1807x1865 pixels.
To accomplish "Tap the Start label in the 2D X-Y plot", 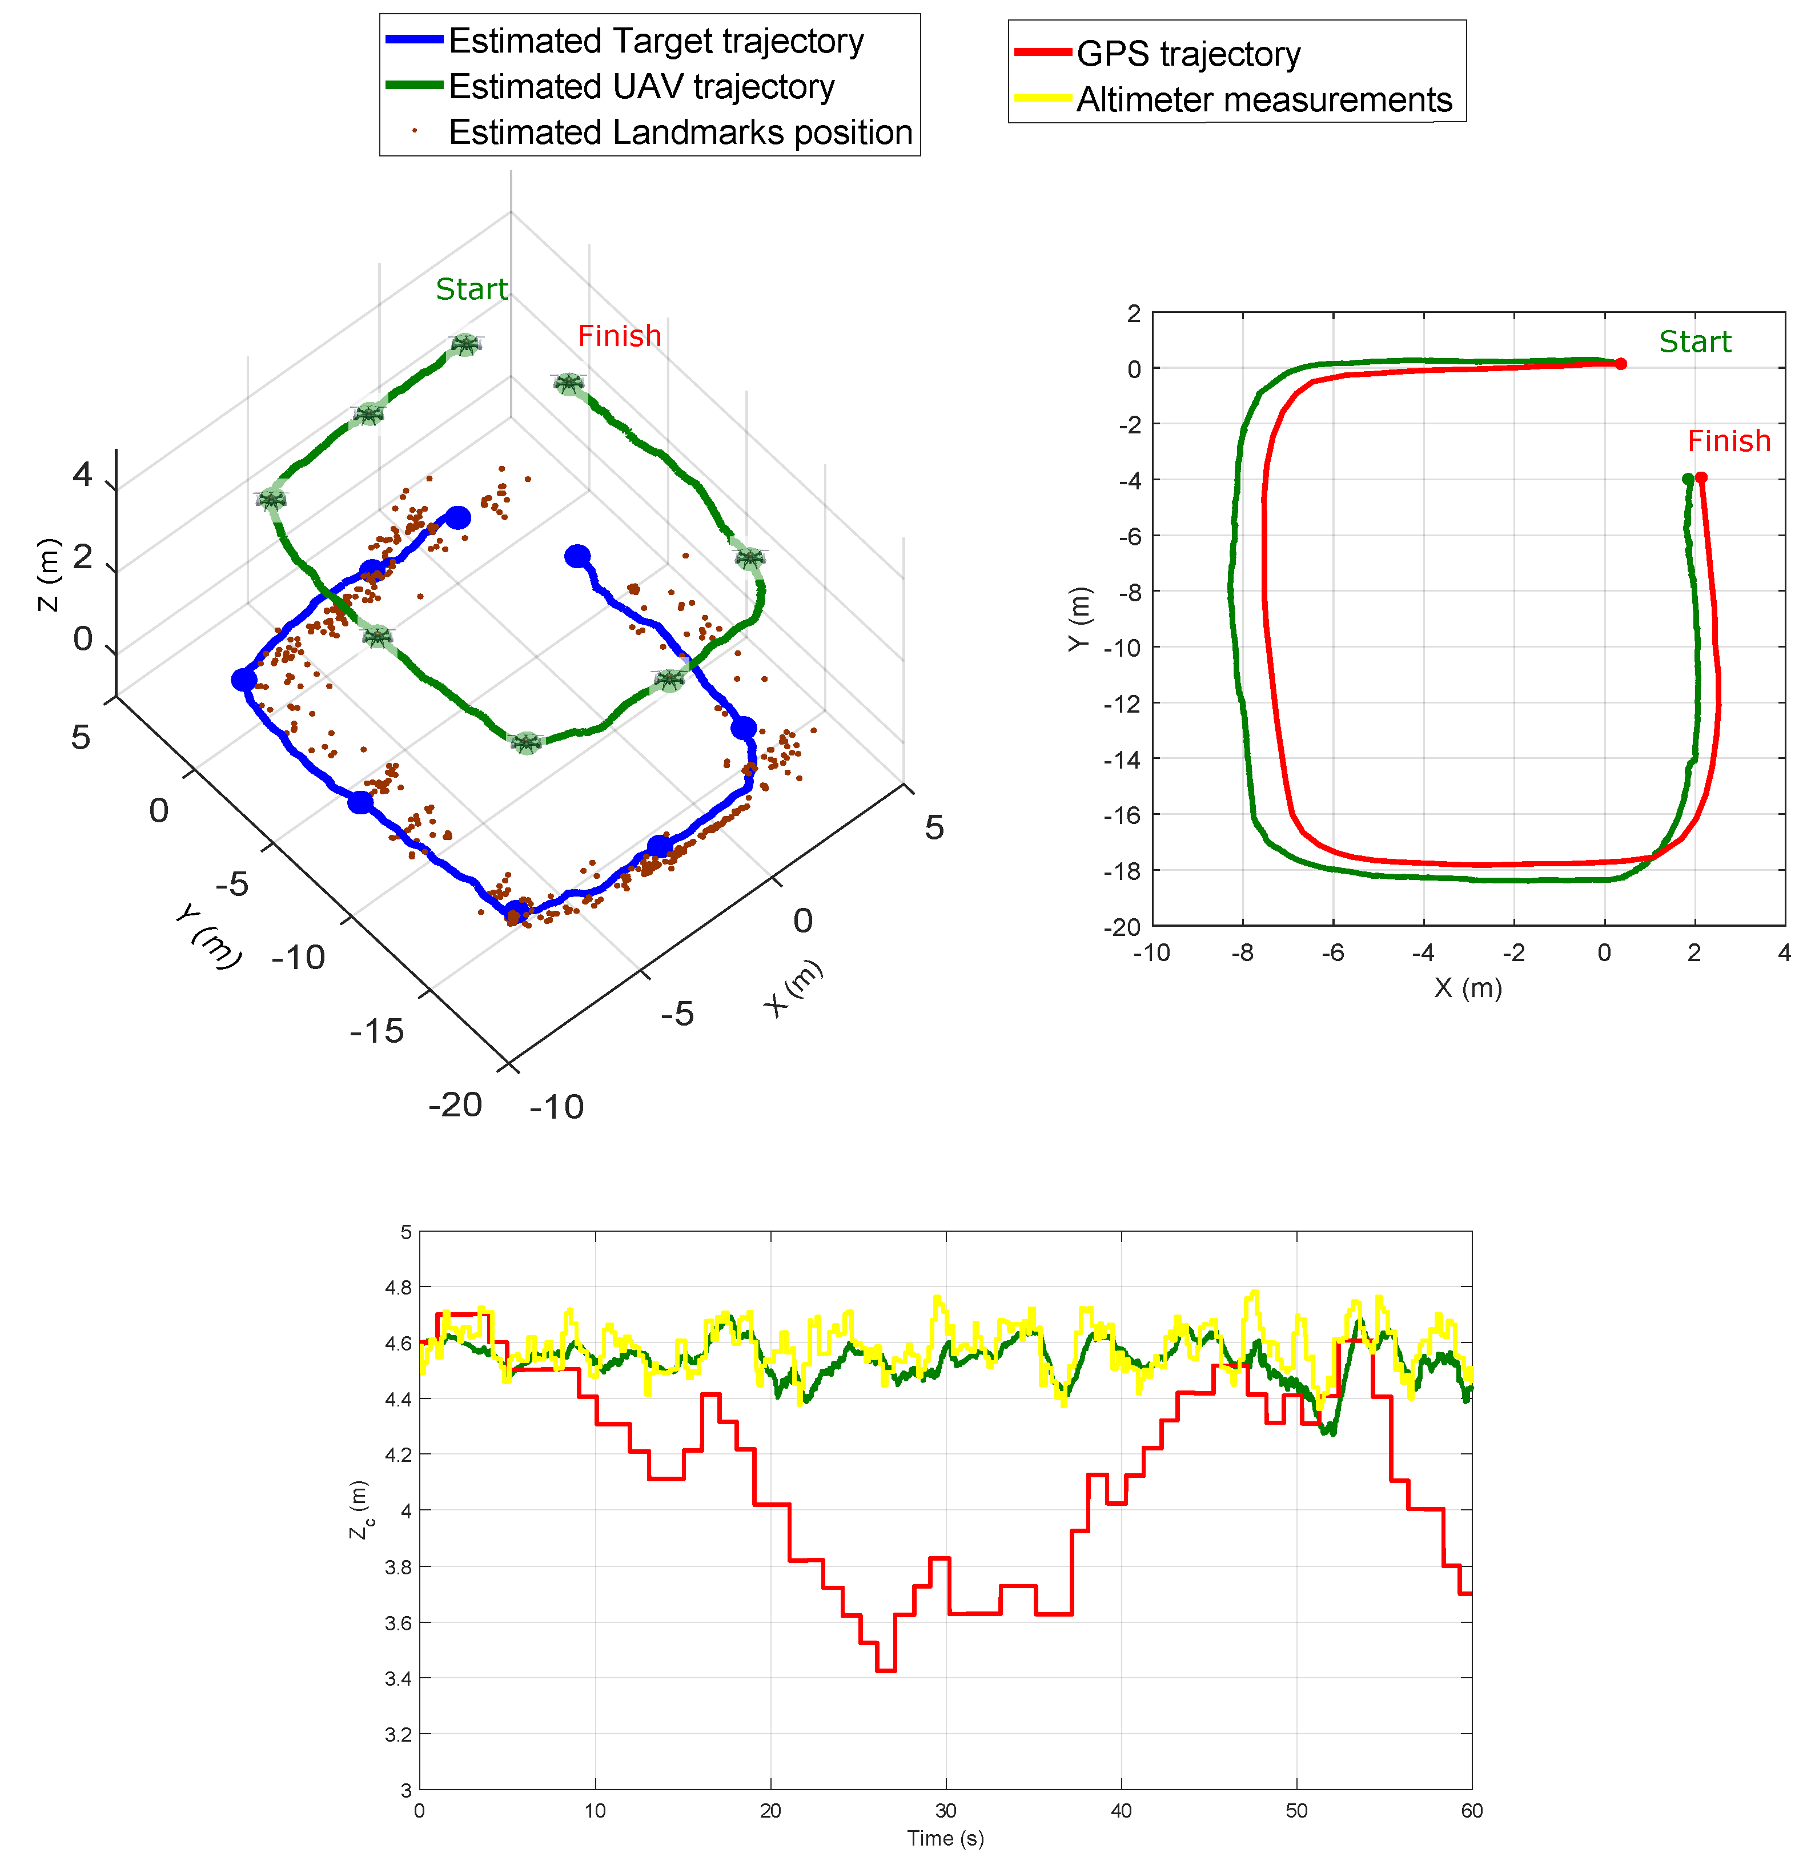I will (x=1694, y=341).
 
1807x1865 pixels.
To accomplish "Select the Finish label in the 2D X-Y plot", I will (x=1728, y=441).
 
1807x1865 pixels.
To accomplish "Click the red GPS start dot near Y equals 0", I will (x=1620, y=364).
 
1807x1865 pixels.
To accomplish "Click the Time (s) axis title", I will (x=944, y=1838).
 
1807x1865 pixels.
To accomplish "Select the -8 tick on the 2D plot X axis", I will (x=1241, y=952).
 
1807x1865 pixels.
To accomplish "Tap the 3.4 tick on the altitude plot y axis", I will (x=397, y=1678).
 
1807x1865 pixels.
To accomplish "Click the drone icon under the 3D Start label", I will (x=464, y=344).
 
